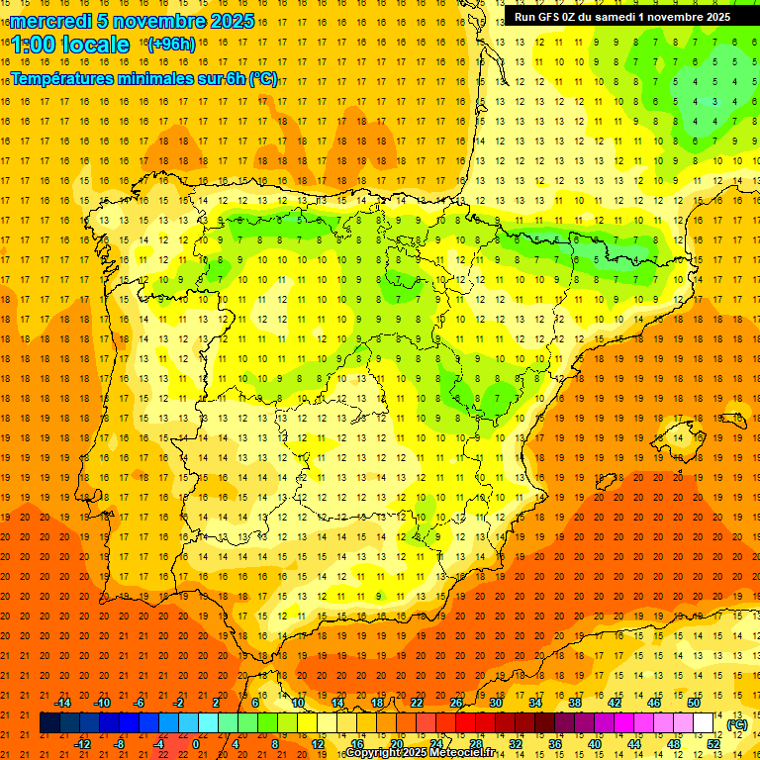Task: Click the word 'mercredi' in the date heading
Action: (50, 21)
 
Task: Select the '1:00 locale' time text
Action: (70, 45)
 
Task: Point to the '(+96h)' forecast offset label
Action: (171, 45)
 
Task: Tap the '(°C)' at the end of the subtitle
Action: (263, 79)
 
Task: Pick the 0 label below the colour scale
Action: (196, 744)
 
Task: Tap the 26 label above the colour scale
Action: (456, 703)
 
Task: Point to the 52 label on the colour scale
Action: (713, 744)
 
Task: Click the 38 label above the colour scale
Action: (575, 703)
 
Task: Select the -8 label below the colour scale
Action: (119, 744)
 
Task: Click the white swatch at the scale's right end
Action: (703, 723)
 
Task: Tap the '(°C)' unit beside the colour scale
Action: (736, 724)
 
